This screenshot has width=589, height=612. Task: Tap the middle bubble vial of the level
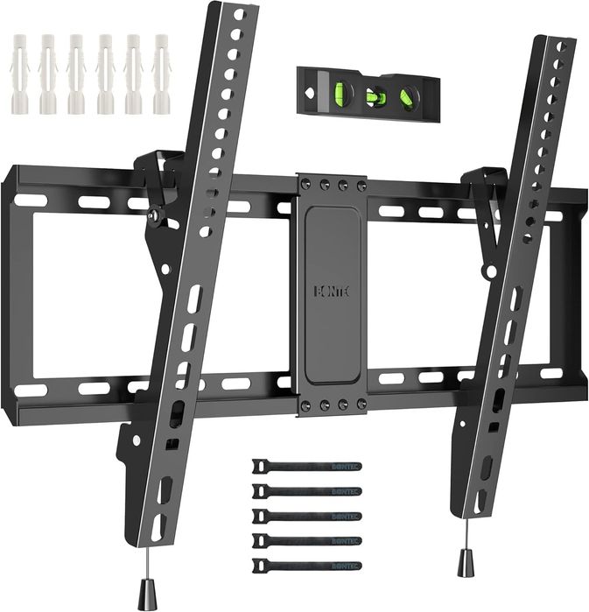[374, 95]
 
